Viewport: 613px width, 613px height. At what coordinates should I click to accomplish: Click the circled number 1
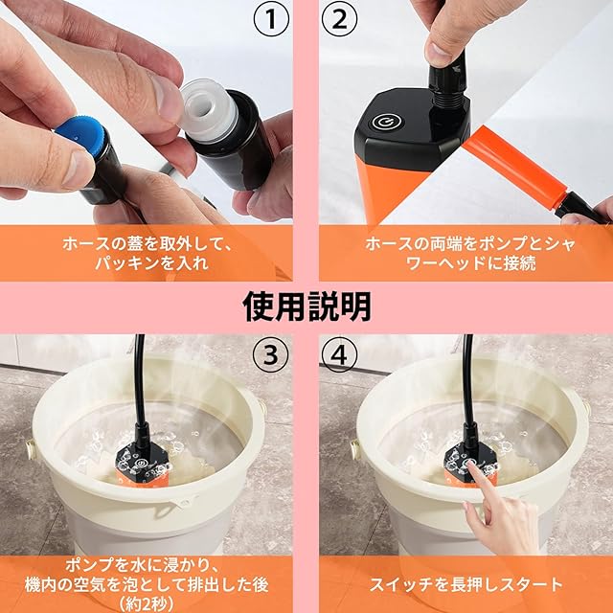(x=271, y=19)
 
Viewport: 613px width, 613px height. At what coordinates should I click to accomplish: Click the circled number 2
(x=339, y=19)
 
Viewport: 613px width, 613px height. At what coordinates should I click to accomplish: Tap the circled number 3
(x=271, y=354)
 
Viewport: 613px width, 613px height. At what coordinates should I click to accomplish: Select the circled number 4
(x=339, y=354)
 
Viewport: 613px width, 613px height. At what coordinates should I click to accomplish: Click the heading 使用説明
(x=306, y=306)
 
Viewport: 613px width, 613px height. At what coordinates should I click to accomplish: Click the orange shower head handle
(x=513, y=161)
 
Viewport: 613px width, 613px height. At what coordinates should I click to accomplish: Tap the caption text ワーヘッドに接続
(x=470, y=263)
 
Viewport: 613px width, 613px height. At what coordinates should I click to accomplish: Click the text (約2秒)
(x=146, y=603)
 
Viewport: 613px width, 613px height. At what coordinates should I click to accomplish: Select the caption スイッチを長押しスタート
(x=465, y=584)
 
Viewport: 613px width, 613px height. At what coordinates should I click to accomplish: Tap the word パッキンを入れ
(x=151, y=263)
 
